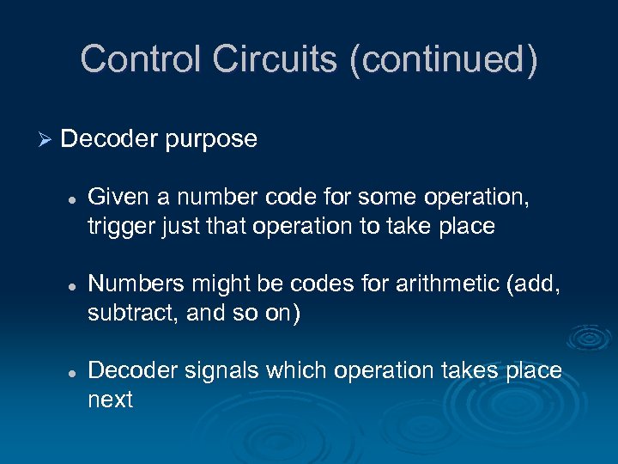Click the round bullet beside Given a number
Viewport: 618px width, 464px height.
(x=73, y=198)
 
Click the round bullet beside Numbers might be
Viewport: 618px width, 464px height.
(x=73, y=285)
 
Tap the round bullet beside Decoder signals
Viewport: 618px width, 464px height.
(x=73, y=371)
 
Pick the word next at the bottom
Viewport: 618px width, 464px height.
(x=110, y=400)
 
